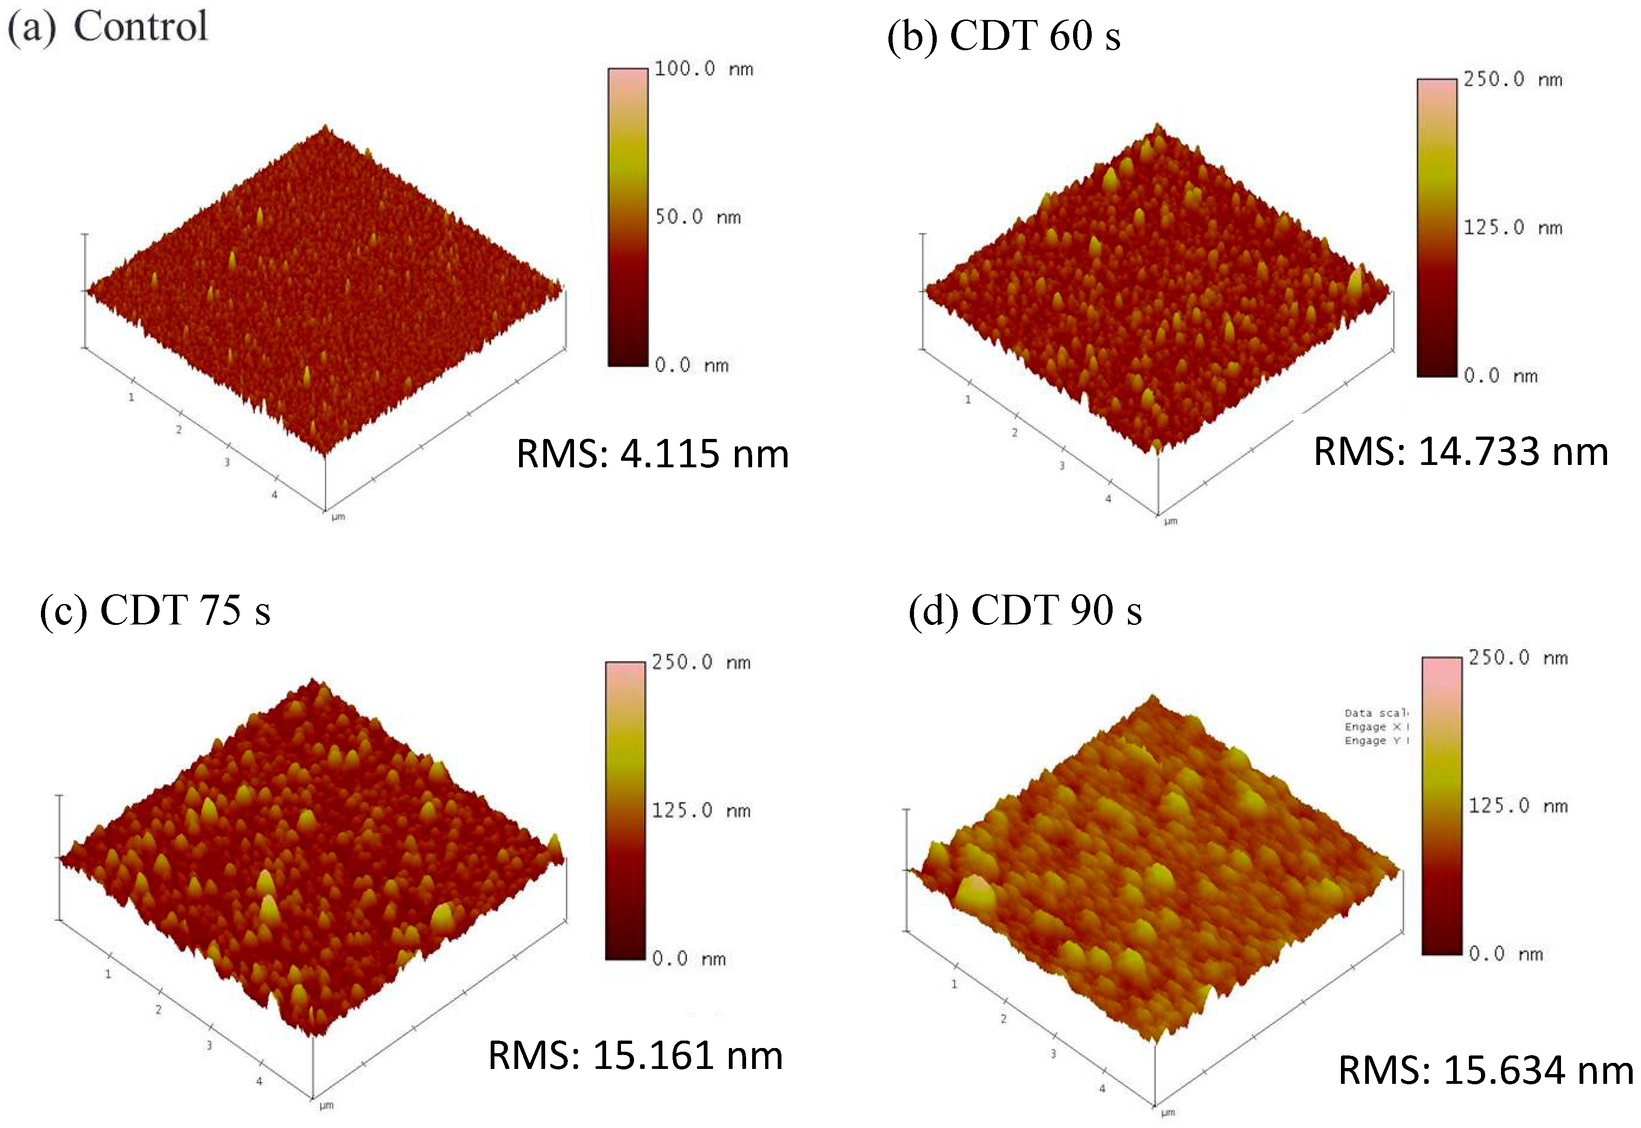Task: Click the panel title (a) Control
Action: (107, 27)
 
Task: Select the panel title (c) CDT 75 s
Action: (155, 610)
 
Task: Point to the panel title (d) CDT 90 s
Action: (1025, 610)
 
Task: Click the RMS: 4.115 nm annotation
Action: (652, 454)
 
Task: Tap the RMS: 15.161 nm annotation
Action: (635, 1056)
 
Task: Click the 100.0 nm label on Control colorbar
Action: (703, 68)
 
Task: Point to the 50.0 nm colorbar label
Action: (697, 217)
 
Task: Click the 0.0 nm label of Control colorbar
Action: (691, 365)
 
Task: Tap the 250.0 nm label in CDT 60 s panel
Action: (1512, 79)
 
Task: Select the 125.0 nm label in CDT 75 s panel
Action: (700, 810)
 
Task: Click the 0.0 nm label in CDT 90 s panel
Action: (1505, 954)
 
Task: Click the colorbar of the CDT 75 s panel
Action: (625, 810)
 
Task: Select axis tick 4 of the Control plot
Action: (274, 495)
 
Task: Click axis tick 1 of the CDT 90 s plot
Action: (954, 984)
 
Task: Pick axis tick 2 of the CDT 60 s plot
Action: (1014, 432)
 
